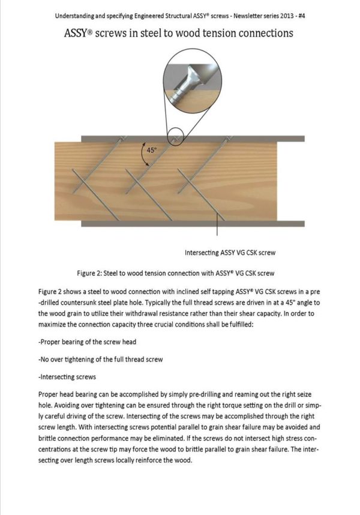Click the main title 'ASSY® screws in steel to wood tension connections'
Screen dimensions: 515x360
(179, 33)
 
